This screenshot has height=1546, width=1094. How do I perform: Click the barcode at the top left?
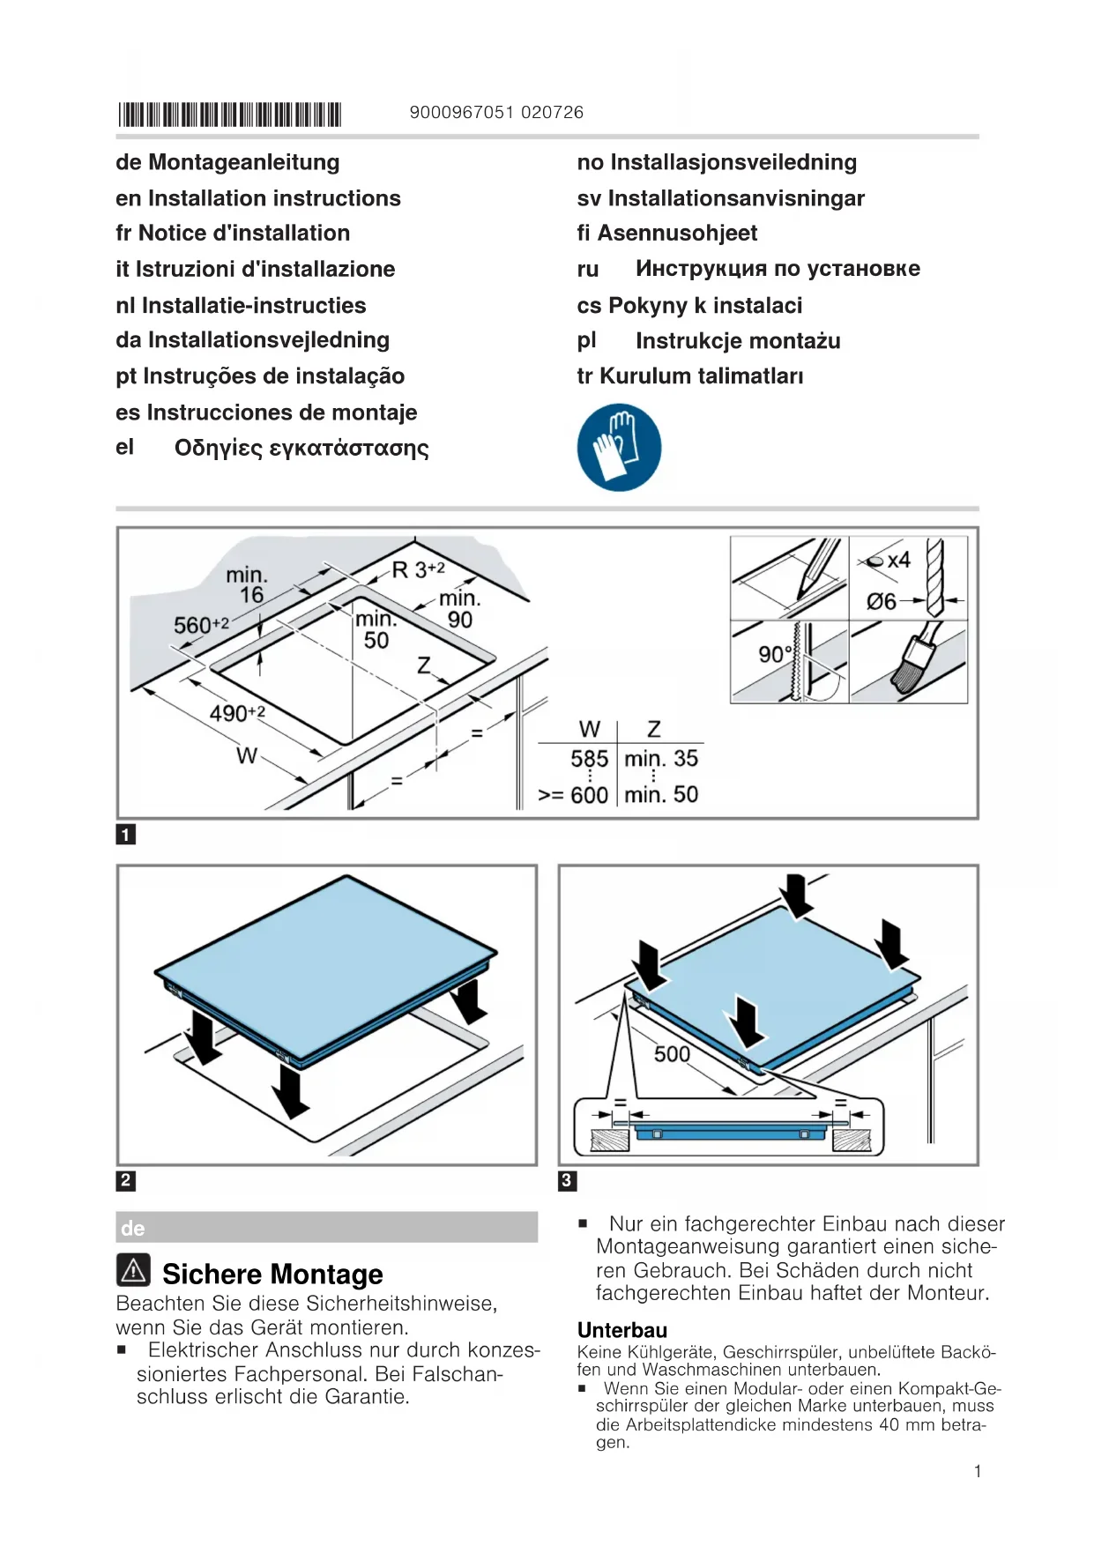coord(229,115)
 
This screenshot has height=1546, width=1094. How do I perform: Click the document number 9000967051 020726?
coord(496,112)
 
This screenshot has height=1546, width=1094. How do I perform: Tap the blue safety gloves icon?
coord(619,447)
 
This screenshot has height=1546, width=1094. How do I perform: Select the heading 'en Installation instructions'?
coord(257,198)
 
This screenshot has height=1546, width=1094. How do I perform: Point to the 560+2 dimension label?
coord(201,625)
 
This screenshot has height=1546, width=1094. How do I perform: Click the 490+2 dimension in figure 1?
coord(237,712)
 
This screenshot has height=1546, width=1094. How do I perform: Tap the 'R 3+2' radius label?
coord(418,569)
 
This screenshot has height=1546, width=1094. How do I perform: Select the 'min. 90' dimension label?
coord(459,609)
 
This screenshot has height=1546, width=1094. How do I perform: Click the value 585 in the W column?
coord(589,758)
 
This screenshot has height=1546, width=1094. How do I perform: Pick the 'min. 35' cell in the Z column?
coord(661,758)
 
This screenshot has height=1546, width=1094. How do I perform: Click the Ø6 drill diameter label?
coord(881,601)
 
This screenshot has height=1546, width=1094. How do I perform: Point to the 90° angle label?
coord(774,654)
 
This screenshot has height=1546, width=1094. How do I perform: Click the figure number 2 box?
coord(126,1180)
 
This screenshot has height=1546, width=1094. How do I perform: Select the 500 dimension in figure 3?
coord(672,1053)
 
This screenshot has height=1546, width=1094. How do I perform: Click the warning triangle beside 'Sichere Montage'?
coord(133,1270)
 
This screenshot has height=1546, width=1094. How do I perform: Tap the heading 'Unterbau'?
coord(622,1330)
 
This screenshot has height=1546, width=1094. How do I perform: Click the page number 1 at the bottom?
coord(978,1471)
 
